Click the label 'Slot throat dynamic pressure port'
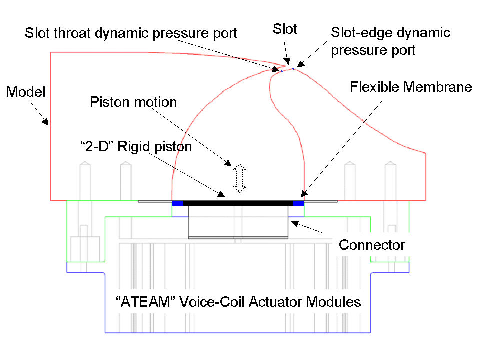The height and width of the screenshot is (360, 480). click(x=131, y=34)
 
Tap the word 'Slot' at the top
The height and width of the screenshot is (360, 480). click(x=285, y=29)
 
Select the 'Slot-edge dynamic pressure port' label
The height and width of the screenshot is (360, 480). click(x=390, y=41)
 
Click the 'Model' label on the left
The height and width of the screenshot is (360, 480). click(x=25, y=92)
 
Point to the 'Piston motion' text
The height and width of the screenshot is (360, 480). click(x=133, y=102)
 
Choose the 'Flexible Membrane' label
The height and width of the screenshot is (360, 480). click(x=411, y=87)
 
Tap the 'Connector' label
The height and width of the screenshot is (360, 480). click(x=372, y=245)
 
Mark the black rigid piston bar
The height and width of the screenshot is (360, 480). click(x=238, y=202)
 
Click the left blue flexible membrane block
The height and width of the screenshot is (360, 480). click(x=178, y=202)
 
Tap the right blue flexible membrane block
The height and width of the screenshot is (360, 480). click(x=298, y=202)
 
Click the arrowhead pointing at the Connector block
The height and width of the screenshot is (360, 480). click(x=294, y=223)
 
